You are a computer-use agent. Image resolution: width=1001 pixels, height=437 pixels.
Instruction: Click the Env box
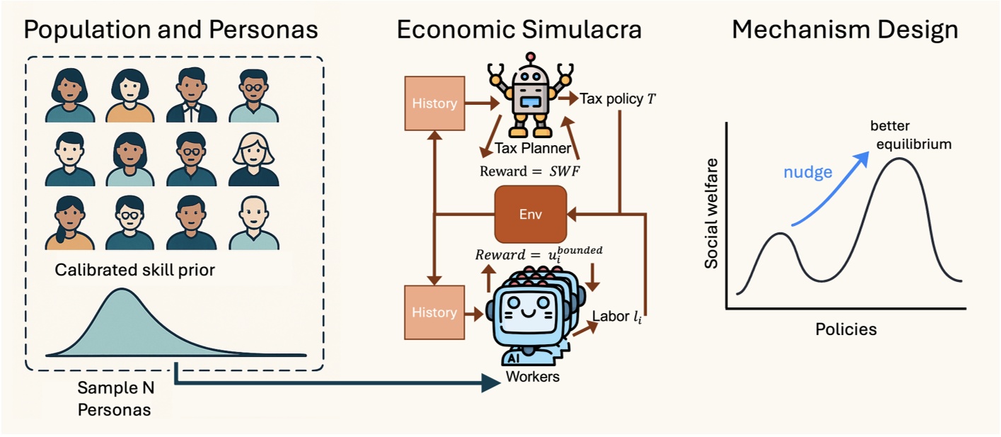pyautogui.click(x=531, y=214)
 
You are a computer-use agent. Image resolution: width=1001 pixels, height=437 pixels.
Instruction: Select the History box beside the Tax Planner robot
pyautogui.click(x=434, y=103)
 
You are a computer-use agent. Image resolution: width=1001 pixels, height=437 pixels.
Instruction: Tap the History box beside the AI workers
pyautogui.click(x=434, y=312)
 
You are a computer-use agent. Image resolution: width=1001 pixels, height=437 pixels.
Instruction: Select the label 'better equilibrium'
pyautogui.click(x=909, y=135)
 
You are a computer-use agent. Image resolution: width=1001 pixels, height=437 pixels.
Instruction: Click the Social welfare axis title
pyautogui.click(x=712, y=213)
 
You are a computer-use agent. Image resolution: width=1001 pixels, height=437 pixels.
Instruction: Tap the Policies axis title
pyautogui.click(x=845, y=329)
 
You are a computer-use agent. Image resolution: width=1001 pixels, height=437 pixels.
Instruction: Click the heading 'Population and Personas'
pyautogui.click(x=170, y=30)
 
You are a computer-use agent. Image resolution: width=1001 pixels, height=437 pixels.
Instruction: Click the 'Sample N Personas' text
pyautogui.click(x=114, y=398)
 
